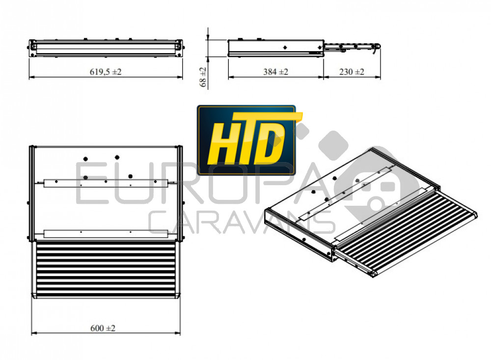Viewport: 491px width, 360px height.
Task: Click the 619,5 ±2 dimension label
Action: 106,72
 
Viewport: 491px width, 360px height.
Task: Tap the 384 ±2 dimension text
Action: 275,72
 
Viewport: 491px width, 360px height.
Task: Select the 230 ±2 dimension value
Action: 352,72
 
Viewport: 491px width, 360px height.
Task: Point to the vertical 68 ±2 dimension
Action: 203,77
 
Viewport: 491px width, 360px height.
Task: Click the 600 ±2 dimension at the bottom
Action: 103,328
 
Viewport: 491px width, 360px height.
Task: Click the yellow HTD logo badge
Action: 246,140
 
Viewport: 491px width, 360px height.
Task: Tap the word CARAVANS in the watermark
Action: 241,222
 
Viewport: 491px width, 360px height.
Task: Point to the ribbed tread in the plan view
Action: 106,270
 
